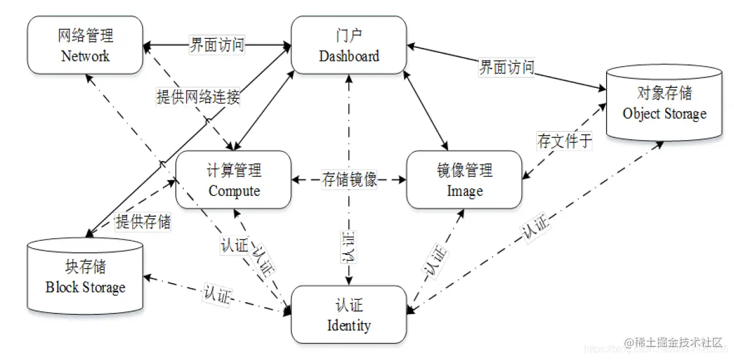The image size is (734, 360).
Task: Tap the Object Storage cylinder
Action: (664, 103)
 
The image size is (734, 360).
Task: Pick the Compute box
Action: (234, 180)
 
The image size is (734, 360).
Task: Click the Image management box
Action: (464, 180)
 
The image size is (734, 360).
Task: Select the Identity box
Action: (349, 315)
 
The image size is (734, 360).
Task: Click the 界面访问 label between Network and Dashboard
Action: (217, 45)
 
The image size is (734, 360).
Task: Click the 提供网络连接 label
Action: (198, 96)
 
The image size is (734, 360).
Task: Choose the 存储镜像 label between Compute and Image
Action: (349, 180)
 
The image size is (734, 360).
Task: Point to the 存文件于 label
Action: (564, 141)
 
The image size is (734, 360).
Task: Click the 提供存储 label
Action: (143, 222)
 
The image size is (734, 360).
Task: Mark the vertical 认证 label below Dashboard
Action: (348, 247)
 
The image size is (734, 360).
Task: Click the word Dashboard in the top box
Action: (349, 57)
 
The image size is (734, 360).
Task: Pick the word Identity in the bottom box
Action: (349, 324)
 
